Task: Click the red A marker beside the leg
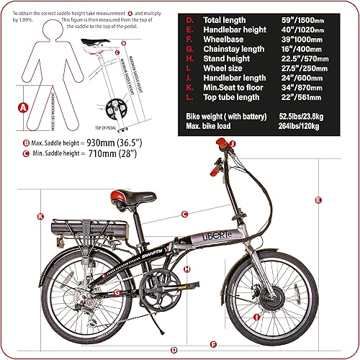point(22,108)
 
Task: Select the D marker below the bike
point(174,349)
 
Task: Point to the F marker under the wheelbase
point(212,343)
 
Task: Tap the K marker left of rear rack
point(40,217)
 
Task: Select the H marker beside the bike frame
point(186,269)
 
